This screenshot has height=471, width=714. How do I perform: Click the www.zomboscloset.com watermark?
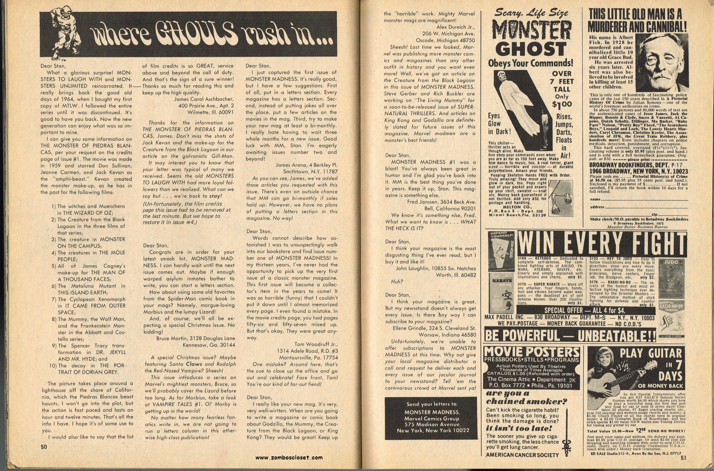tap(289, 457)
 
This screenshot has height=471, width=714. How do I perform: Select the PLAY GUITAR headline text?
tap(651, 354)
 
